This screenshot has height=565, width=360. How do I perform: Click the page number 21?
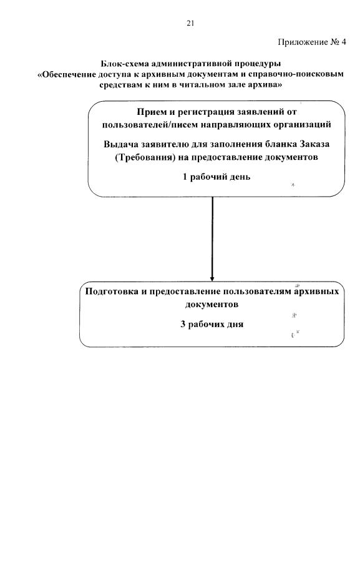[190, 24]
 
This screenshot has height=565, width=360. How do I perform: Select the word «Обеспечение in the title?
[68, 74]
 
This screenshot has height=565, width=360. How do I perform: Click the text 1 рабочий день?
[216, 177]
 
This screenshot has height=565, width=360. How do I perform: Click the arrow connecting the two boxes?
[212, 237]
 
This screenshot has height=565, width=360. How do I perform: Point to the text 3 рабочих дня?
[212, 325]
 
